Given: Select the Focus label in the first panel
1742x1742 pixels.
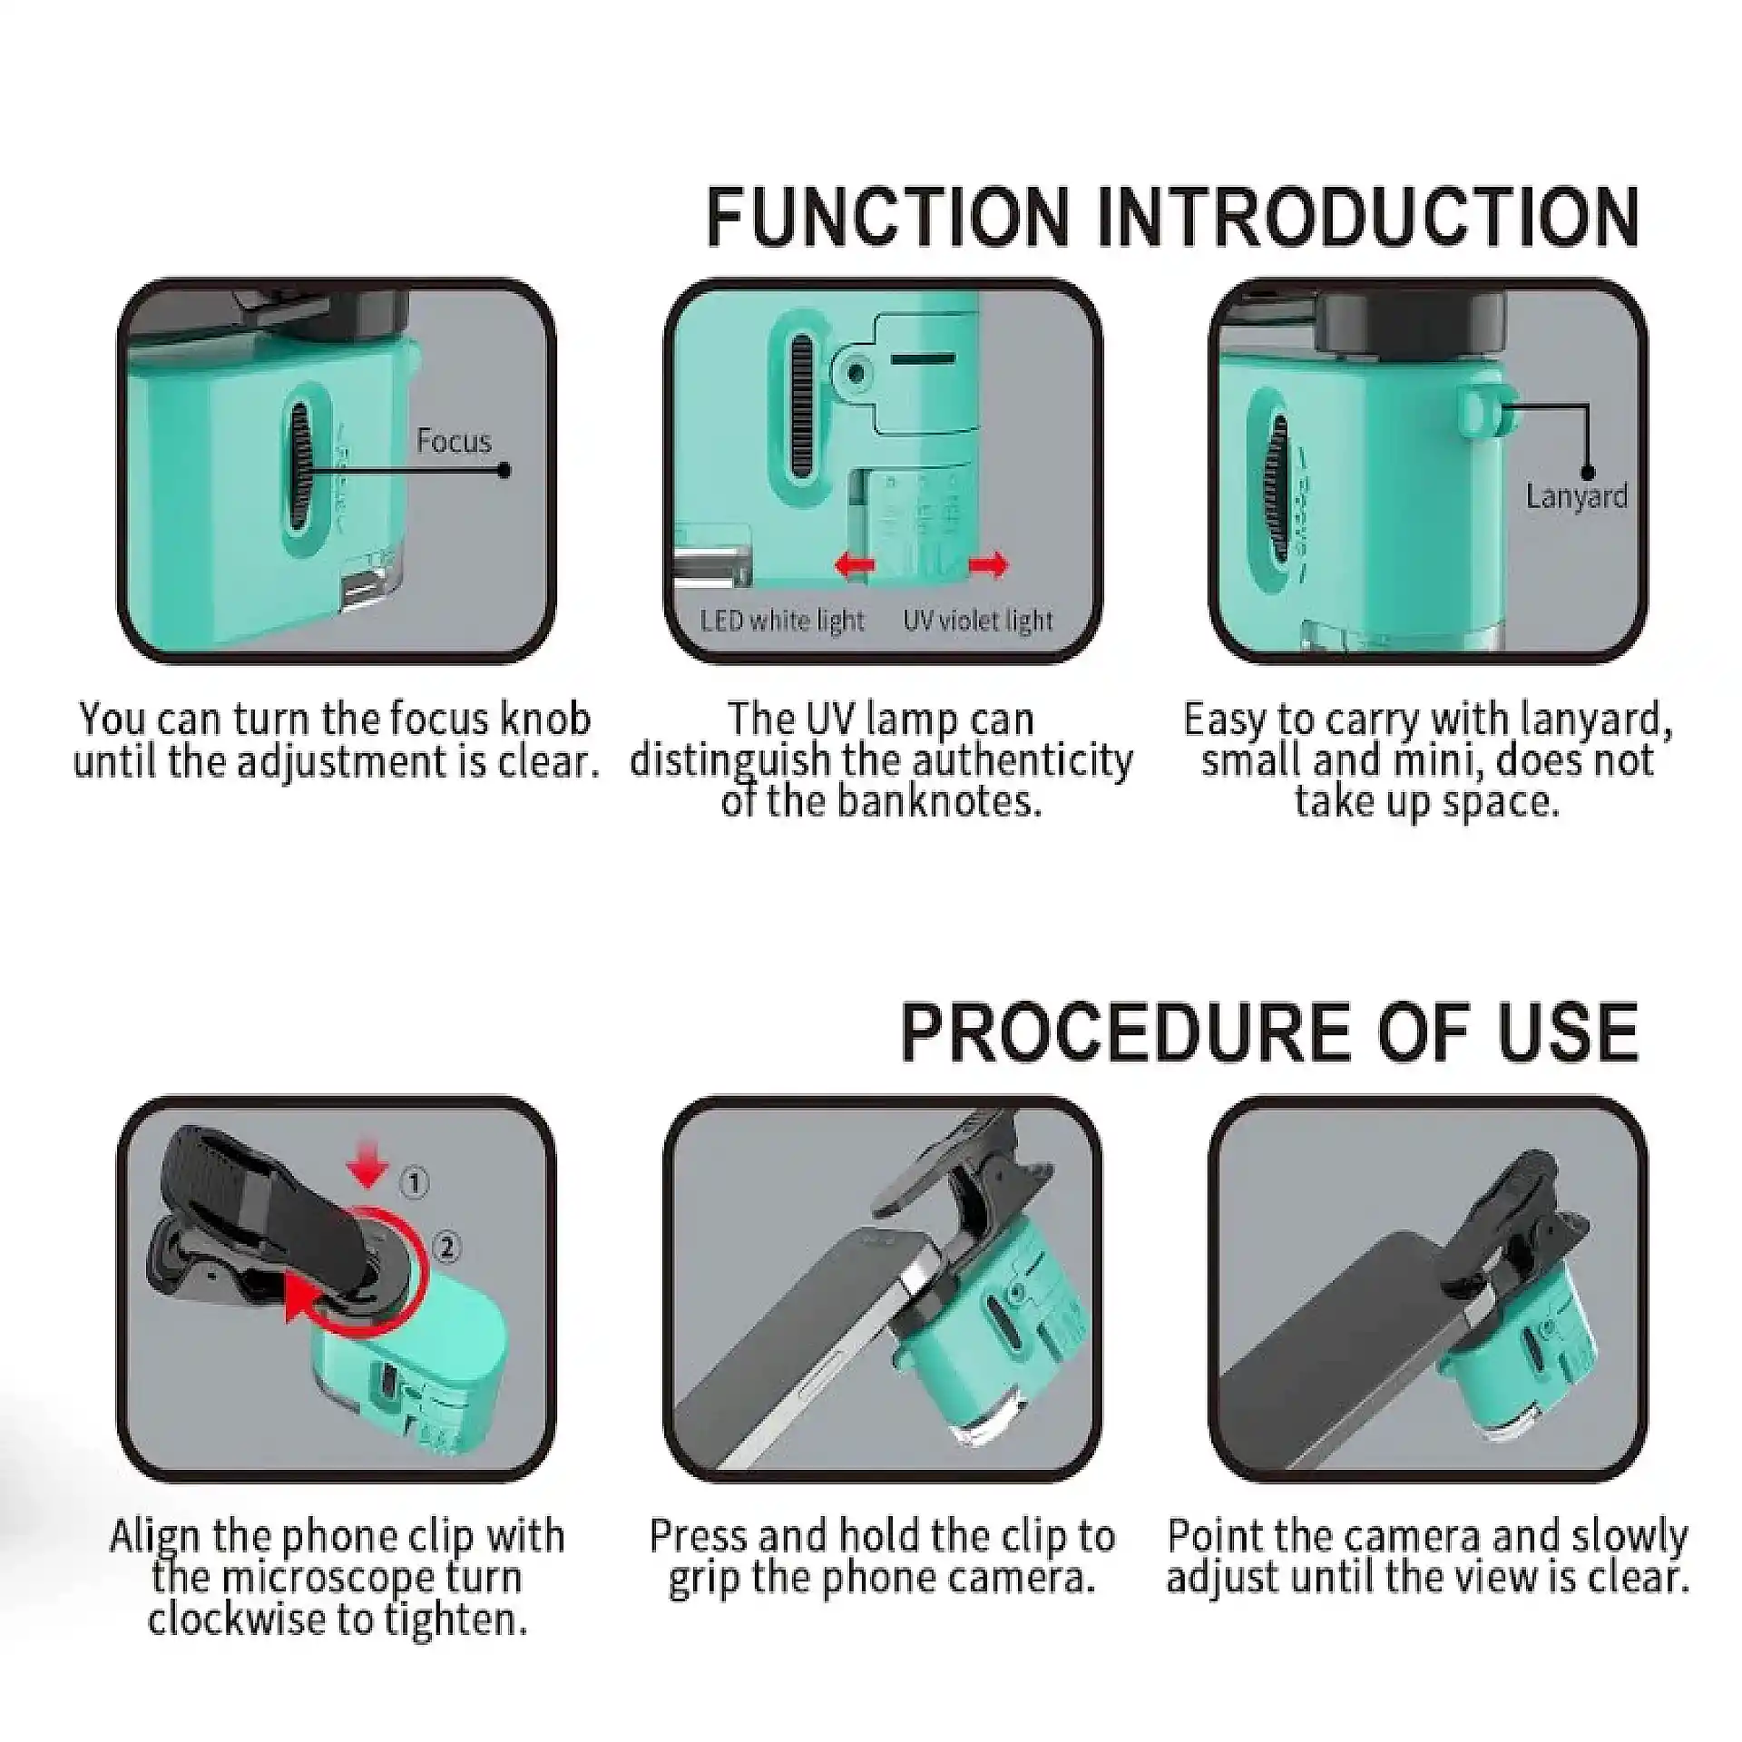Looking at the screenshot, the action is point(454,441).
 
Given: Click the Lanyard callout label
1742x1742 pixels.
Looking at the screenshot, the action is point(1577,497).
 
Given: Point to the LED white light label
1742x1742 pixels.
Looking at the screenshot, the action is point(783,621).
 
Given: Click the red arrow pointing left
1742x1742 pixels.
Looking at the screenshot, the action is point(855,565).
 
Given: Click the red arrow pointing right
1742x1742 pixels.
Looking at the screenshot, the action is point(988,565).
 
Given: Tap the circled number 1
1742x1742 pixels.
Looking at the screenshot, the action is point(415,1183).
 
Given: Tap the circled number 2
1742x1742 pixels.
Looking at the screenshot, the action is point(446,1248).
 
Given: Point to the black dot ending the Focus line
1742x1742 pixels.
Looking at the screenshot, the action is point(504,470).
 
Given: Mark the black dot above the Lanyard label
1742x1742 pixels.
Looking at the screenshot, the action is point(1587,472).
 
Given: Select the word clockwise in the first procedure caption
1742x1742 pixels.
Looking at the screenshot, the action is point(232,1620).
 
